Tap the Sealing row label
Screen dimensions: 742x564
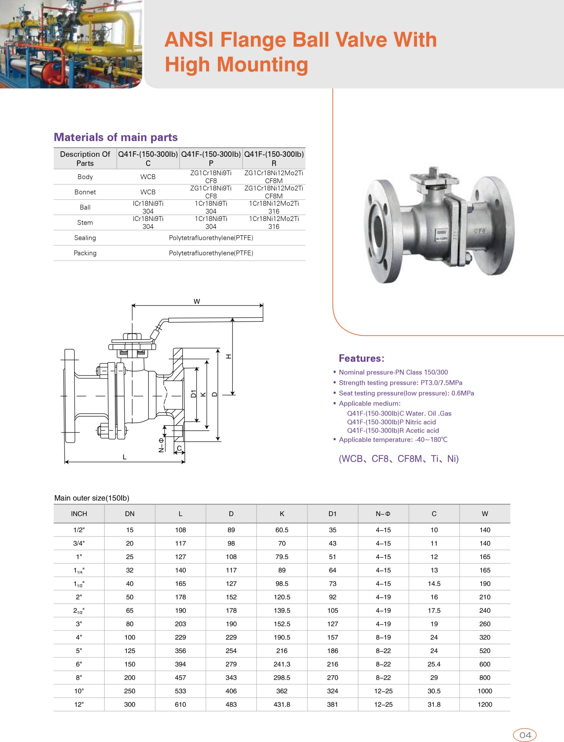(85, 238)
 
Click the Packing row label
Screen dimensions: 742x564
(85, 253)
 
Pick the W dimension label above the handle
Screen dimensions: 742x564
(197, 301)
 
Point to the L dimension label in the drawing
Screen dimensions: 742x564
(125, 457)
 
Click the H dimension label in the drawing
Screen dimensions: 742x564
(229, 357)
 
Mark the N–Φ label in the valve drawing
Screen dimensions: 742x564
(161, 445)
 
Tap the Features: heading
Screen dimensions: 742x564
(361, 358)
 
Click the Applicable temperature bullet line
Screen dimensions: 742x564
(393, 439)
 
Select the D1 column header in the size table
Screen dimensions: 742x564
(332, 514)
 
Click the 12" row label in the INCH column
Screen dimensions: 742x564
(79, 704)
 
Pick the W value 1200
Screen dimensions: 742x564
(485, 704)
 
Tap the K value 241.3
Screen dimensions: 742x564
(282, 664)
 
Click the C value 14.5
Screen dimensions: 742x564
(434, 583)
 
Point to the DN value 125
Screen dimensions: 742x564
(130, 651)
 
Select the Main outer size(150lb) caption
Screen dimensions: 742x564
(92, 498)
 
